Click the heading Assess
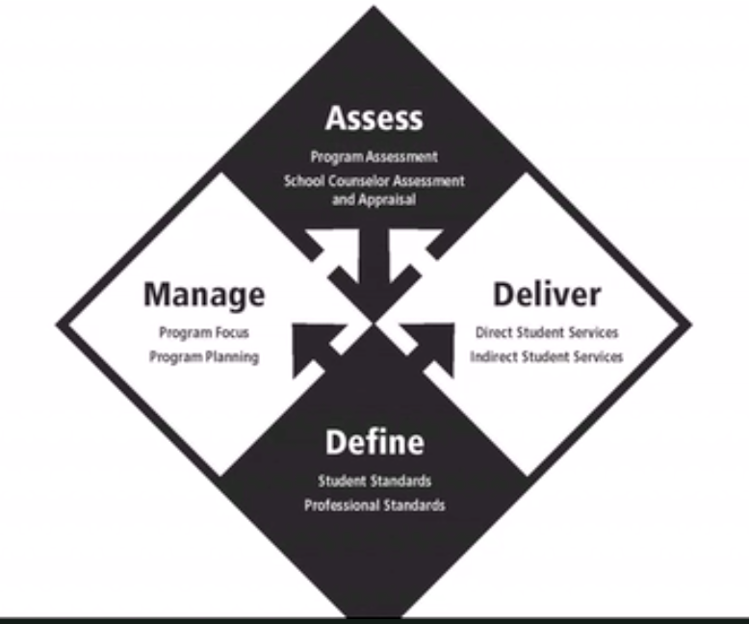(x=374, y=117)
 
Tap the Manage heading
(x=204, y=295)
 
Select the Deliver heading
(x=547, y=294)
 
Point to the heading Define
(x=374, y=442)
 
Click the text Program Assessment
(x=374, y=156)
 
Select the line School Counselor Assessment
(x=374, y=180)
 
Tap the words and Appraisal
(x=374, y=201)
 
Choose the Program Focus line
(x=204, y=334)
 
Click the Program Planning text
(x=204, y=357)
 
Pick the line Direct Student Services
(x=547, y=333)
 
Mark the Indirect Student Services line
(x=547, y=356)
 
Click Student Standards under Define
(x=374, y=481)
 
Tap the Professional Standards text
(x=374, y=505)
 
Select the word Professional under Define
(x=342, y=505)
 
